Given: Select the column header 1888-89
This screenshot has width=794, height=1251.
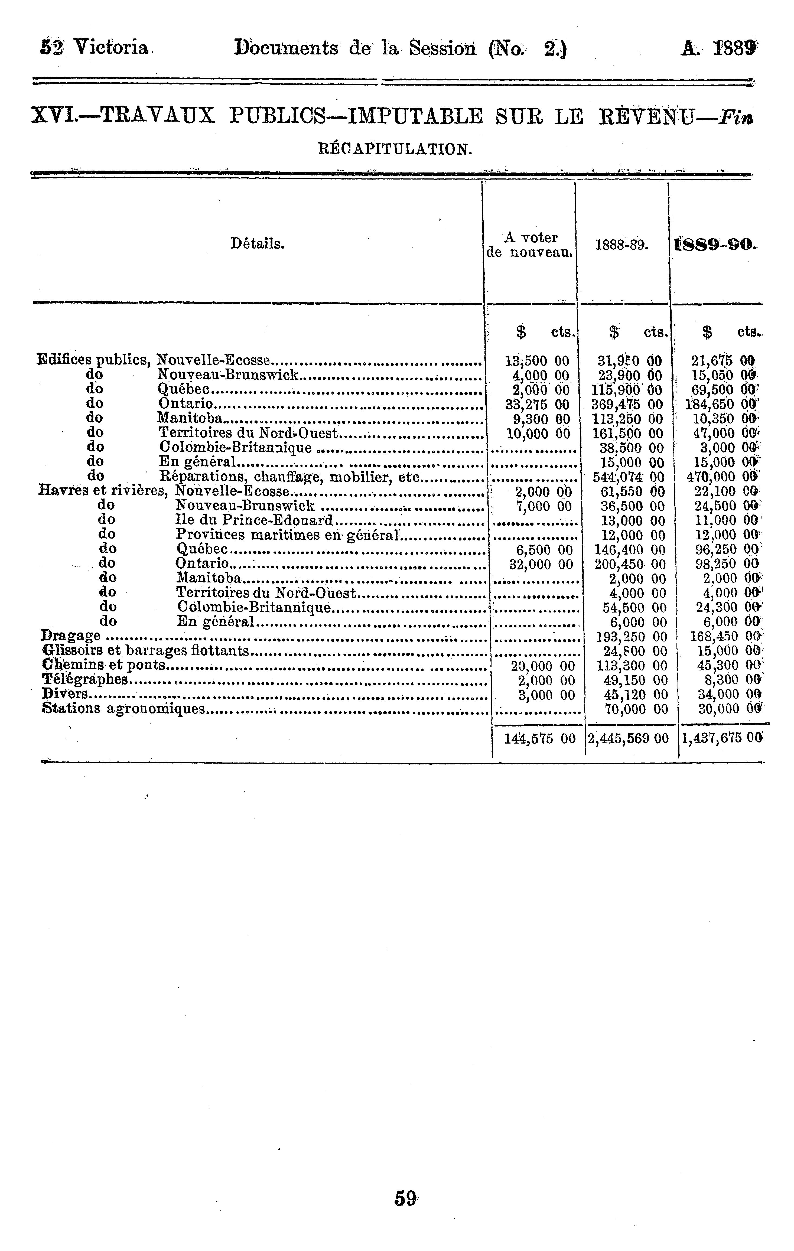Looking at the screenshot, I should [x=622, y=244].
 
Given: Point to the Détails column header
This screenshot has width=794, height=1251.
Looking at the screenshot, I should [x=258, y=243].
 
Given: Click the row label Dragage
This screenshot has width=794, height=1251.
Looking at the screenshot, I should [x=70, y=635].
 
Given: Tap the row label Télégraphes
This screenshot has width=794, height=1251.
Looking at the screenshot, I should [x=85, y=680].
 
